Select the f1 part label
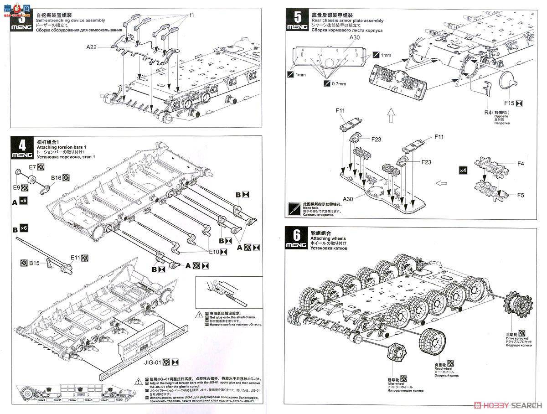pos(192,15)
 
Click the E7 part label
pos(33,167)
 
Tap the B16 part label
pos(56,177)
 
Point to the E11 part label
pos(76,258)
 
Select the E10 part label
pos(214,251)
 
